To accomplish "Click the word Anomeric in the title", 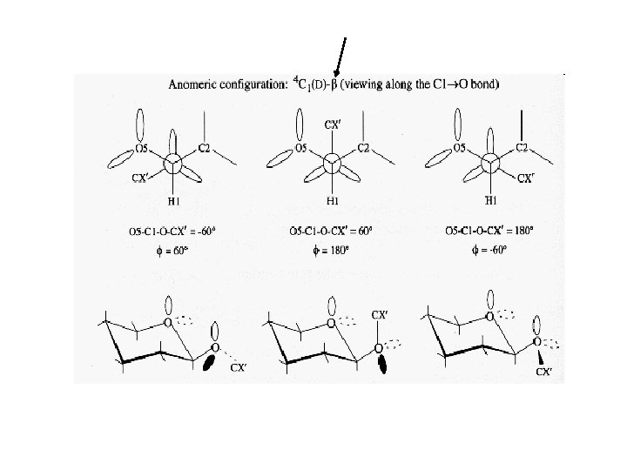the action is [197, 85].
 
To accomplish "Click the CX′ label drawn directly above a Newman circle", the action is [332, 124].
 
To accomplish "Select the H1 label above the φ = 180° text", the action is [333, 200].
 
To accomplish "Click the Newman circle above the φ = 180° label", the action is [331, 163].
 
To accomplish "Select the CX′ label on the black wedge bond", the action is [544, 372].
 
